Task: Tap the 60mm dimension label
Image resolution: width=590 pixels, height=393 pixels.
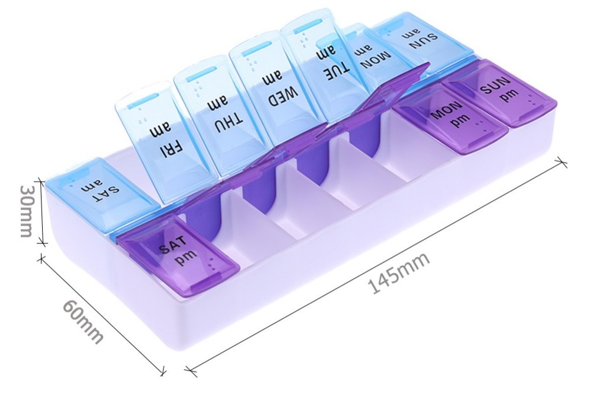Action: (x=83, y=321)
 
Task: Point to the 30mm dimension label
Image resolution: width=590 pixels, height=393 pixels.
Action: (x=26, y=211)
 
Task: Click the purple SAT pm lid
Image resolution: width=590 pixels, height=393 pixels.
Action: (x=178, y=255)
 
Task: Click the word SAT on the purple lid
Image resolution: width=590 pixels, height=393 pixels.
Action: (x=173, y=246)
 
